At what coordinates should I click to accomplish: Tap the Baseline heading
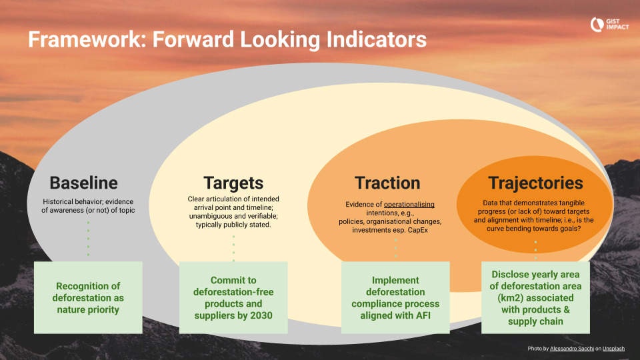tap(84, 183)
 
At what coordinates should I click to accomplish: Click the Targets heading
tap(233, 183)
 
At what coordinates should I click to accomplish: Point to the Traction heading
tap(387, 183)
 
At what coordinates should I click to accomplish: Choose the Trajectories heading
tap(535, 183)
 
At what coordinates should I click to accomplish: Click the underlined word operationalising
tap(407, 203)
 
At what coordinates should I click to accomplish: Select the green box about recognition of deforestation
tap(88, 297)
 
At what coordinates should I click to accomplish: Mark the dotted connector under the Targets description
tap(233, 245)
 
